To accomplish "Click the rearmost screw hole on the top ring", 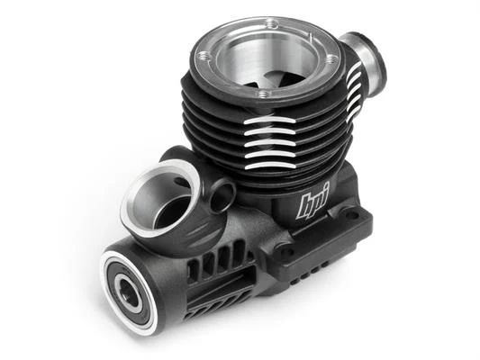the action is coord(270,22).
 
